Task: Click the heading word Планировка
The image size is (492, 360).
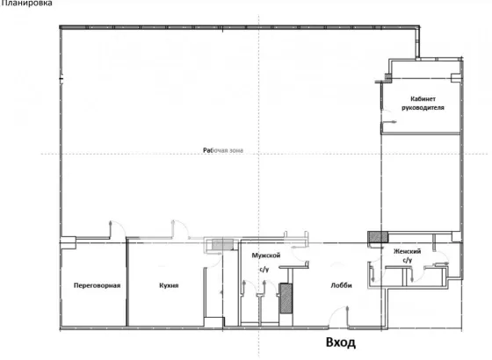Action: [26, 4]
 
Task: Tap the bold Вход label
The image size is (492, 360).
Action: [341, 342]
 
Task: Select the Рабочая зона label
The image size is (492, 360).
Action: [223, 150]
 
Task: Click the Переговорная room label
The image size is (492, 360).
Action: [97, 285]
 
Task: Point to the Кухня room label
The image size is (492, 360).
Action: [169, 285]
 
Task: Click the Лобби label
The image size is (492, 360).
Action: [342, 285]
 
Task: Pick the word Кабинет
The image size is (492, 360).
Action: [423, 98]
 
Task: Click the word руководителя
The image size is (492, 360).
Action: [423, 107]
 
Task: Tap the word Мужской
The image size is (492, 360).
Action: [265, 256]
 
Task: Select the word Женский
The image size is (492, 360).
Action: [408, 251]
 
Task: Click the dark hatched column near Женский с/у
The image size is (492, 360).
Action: [378, 237]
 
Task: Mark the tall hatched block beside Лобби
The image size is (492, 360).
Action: [286, 299]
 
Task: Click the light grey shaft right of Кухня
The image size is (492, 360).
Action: [222, 244]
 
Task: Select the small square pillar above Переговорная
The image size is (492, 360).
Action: [69, 242]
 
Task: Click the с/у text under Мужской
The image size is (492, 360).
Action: [264, 269]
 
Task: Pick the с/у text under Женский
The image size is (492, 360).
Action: [408, 260]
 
